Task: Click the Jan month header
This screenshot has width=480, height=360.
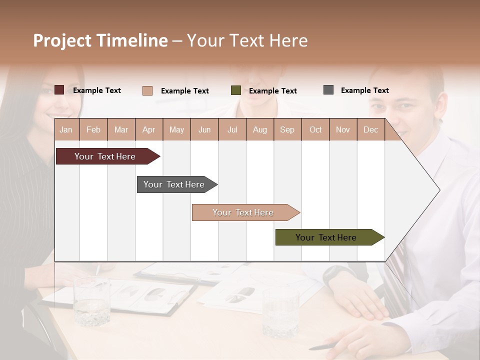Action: tap(66, 129)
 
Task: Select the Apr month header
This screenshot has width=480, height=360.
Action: tap(148, 129)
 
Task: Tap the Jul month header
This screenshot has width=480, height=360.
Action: tap(232, 129)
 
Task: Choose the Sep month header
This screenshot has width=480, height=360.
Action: tap(287, 129)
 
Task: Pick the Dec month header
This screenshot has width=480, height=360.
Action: tap(370, 129)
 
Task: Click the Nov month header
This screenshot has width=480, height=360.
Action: tap(342, 129)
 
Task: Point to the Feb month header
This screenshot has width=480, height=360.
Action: tap(93, 129)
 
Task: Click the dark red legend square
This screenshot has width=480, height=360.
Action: tap(59, 90)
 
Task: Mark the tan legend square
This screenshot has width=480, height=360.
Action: tap(147, 90)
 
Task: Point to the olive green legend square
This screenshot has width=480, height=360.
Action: tap(236, 90)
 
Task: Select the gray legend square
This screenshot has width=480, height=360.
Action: tap(328, 90)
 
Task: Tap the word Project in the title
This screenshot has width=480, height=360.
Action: tap(63, 40)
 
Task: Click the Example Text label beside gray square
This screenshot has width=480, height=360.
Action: tap(364, 90)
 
